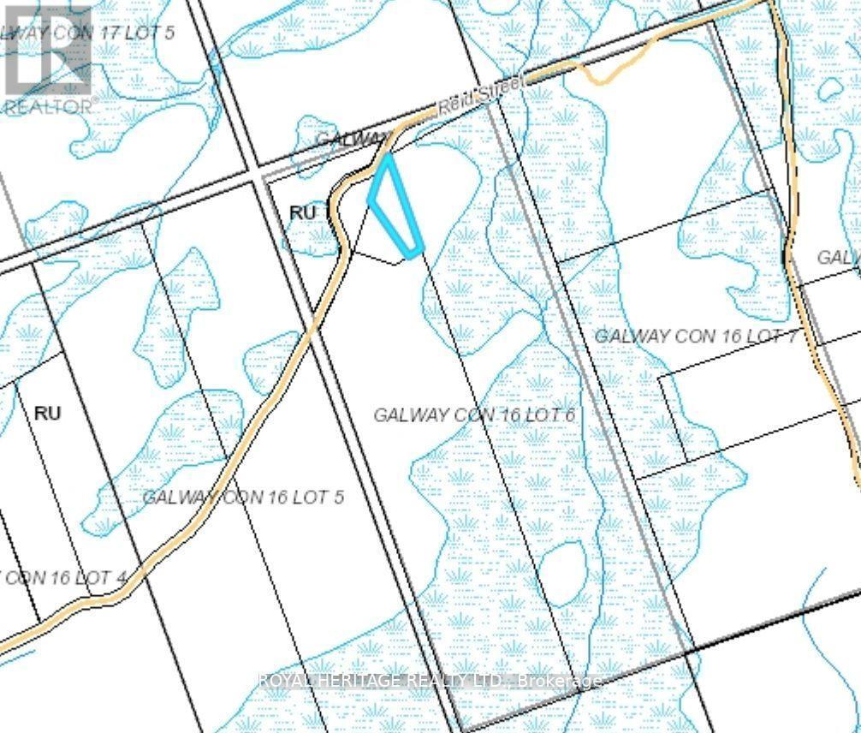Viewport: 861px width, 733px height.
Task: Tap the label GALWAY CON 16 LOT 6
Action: point(473,414)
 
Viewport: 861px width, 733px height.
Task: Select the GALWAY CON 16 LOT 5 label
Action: point(243,497)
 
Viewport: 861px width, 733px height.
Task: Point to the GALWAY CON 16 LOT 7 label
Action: point(696,336)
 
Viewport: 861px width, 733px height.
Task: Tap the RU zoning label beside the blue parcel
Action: point(302,212)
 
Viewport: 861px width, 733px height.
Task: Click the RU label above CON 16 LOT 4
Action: point(48,413)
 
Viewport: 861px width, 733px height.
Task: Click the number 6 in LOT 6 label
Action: point(567,414)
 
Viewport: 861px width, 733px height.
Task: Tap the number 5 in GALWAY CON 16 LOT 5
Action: point(339,497)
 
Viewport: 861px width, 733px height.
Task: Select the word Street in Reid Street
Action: point(484,96)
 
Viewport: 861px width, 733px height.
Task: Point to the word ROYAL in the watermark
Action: point(285,682)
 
